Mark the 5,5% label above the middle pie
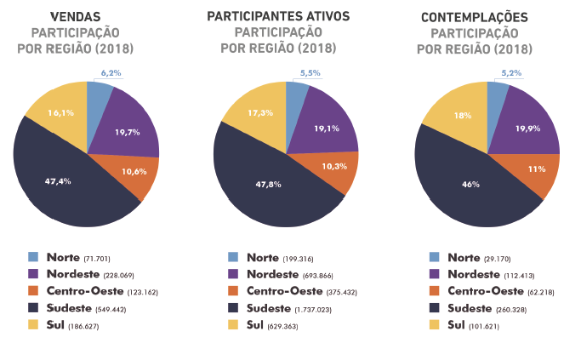tap(311, 74)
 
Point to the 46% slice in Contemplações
tap(464, 183)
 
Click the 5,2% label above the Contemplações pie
tap(511, 74)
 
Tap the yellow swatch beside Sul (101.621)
tap(435, 325)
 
